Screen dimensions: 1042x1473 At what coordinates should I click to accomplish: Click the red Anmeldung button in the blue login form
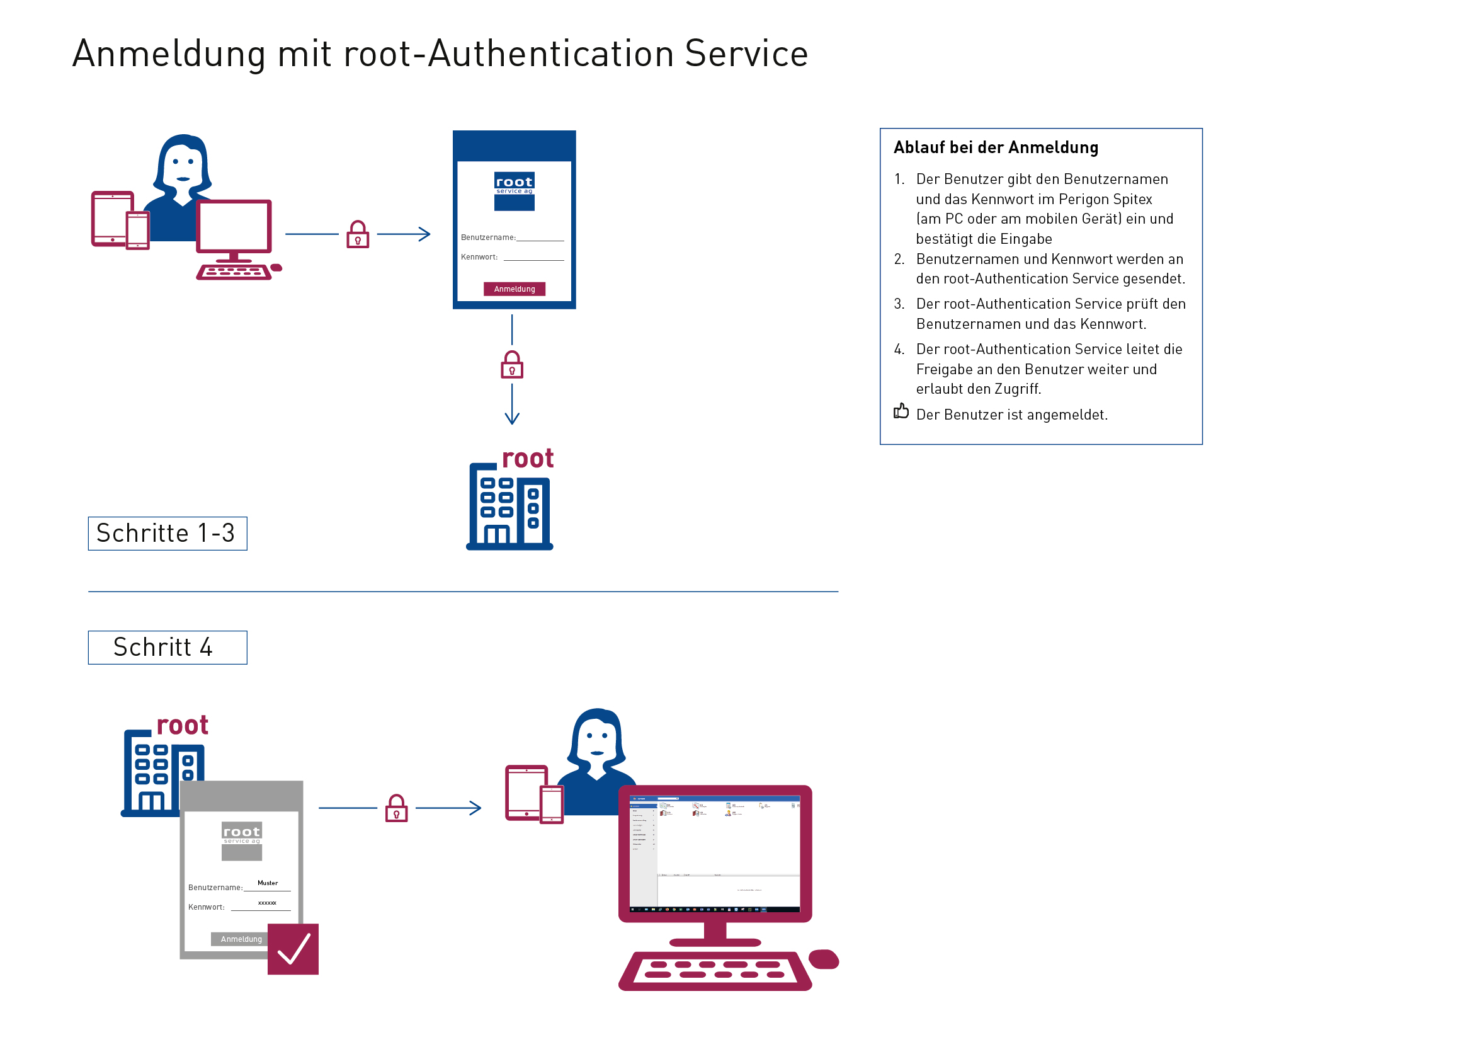(x=514, y=289)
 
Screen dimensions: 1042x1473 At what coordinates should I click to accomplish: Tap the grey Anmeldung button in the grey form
(x=241, y=939)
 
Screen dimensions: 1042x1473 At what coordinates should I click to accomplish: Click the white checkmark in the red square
(x=293, y=949)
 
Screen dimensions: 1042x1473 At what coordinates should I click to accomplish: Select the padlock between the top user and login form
(x=357, y=235)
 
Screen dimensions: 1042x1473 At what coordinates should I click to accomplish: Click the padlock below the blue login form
(x=511, y=365)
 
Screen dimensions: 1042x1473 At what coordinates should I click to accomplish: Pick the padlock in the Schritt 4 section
(x=396, y=808)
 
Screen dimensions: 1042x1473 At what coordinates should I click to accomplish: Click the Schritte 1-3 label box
(x=168, y=533)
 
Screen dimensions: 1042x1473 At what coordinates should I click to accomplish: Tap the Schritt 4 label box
(x=168, y=648)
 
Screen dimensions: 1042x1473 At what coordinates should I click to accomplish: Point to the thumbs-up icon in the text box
(x=901, y=411)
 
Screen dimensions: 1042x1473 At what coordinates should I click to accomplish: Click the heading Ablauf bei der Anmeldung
(x=996, y=147)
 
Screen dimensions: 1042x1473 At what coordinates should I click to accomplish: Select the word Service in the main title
(x=746, y=54)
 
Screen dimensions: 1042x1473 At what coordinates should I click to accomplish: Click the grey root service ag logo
(x=241, y=840)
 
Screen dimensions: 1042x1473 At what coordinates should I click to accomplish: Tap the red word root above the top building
(x=527, y=459)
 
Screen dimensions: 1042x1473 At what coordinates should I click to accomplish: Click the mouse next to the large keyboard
(x=824, y=959)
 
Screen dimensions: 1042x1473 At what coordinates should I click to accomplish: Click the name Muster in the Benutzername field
(x=268, y=883)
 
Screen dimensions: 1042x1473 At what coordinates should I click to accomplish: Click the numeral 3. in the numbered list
(x=899, y=304)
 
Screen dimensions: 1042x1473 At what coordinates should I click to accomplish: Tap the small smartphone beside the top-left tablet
(x=137, y=231)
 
